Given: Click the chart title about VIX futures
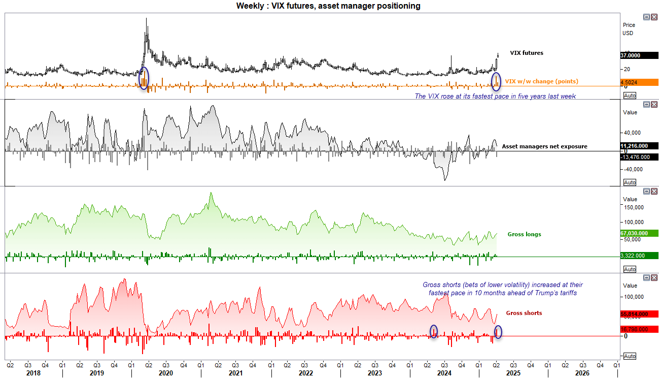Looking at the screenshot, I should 328,6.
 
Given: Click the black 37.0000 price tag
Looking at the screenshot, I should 639,55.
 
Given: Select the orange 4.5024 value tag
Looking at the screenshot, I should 639,82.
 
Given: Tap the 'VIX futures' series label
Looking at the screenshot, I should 526,53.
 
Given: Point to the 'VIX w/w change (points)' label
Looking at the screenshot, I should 541,81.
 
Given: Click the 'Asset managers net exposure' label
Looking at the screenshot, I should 544,146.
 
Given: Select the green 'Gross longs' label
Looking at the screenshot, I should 524,234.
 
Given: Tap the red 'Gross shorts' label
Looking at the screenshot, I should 524,313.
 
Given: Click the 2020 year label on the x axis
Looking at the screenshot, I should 166,373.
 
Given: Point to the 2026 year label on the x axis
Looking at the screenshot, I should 581,373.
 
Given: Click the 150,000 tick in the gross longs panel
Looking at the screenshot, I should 633,207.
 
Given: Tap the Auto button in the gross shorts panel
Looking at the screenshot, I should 630,356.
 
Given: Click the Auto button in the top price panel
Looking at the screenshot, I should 630,96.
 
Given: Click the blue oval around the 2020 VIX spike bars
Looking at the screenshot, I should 144,79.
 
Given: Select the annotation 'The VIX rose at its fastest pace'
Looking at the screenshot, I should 495,96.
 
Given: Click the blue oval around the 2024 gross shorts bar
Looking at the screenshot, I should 434,331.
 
